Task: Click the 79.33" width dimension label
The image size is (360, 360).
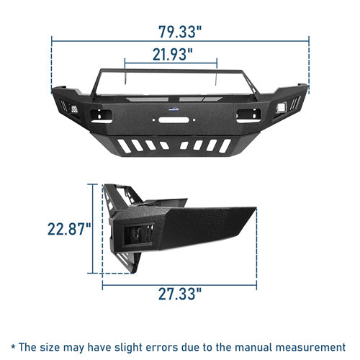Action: [x=180, y=32]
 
